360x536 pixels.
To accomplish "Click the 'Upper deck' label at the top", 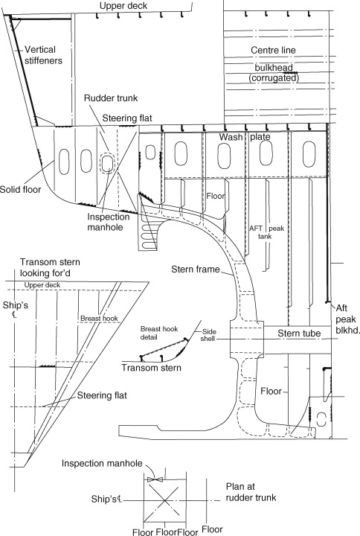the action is tap(123, 6).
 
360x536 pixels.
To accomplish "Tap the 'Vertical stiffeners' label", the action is tap(43, 55).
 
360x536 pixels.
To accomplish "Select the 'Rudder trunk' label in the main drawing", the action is tap(111, 98).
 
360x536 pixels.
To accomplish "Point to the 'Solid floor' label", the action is tap(20, 189).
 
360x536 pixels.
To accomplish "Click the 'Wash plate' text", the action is tap(245, 137).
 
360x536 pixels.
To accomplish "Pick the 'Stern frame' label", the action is tap(196, 269).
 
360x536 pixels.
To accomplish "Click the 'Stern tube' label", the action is tap(299, 334).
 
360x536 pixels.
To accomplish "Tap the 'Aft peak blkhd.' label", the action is tap(347, 319).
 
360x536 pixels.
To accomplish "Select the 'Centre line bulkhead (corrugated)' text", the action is tap(273, 64).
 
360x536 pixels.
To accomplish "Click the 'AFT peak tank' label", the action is tap(266, 232).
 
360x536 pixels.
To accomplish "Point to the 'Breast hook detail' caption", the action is tap(159, 333).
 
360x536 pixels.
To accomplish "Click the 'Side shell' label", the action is tap(209, 335).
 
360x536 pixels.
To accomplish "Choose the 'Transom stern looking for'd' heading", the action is tap(50, 268).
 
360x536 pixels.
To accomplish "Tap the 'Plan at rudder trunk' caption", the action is tap(251, 492).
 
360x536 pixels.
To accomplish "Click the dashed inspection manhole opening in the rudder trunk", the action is tap(107, 164).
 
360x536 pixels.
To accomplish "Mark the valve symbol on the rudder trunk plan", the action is tap(155, 479).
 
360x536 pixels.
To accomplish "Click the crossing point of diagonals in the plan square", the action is tap(165, 500).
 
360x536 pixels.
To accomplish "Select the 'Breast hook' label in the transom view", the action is tap(99, 319).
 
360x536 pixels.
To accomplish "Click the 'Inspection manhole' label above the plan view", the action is tap(102, 464).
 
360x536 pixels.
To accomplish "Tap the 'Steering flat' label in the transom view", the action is tap(102, 395).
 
